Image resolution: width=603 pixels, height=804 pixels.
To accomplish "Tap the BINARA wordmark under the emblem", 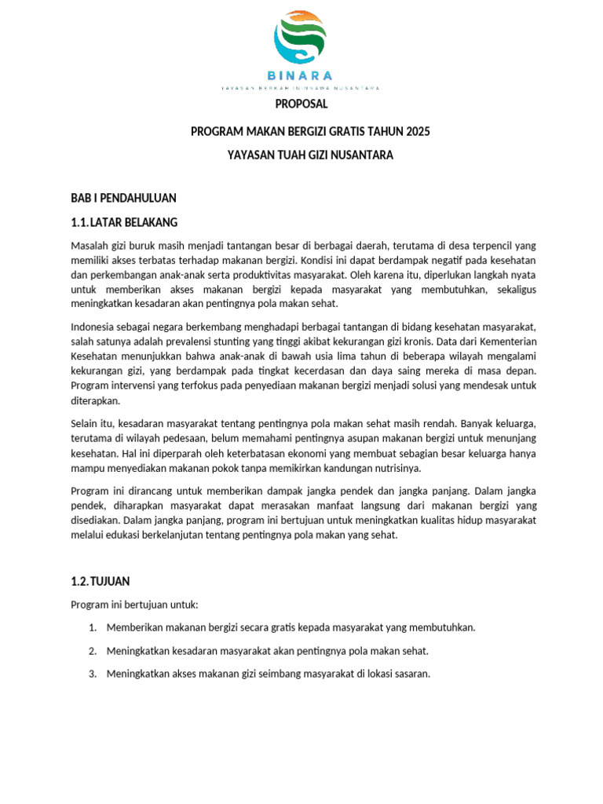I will point(300,75).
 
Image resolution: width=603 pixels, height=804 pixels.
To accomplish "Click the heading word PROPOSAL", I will point(301,104).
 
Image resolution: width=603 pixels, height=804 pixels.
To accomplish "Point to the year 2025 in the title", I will point(413,130).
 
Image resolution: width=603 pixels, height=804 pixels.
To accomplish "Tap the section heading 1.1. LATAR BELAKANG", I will point(124,221).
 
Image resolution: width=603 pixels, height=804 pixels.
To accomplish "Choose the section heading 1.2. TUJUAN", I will point(100,582).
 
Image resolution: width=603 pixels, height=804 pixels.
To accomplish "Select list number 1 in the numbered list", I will point(92,627).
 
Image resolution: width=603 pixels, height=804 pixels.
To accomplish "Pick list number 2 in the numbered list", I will point(92,651).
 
